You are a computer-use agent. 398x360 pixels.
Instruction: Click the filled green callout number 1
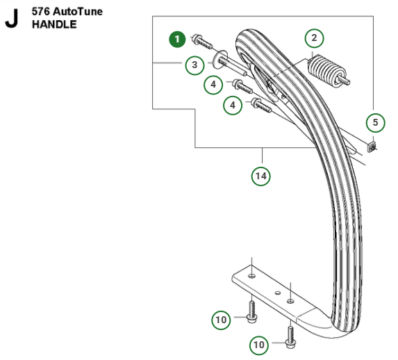[x=179, y=40]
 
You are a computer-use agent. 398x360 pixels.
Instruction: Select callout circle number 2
[x=314, y=38]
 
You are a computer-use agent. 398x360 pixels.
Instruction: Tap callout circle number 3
[x=195, y=65]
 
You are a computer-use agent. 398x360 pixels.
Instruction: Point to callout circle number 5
[x=374, y=123]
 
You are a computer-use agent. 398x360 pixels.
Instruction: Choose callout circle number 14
[x=260, y=176]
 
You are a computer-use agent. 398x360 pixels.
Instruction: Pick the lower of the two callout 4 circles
[x=232, y=105]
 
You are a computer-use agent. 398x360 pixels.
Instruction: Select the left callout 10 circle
[x=222, y=320]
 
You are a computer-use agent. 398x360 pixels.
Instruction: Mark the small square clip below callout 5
[x=372, y=147]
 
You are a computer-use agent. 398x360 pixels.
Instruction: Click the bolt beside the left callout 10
[x=250, y=309]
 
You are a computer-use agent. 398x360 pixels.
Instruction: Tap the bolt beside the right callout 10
[x=289, y=334]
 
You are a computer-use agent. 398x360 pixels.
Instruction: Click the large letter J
[x=11, y=19]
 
